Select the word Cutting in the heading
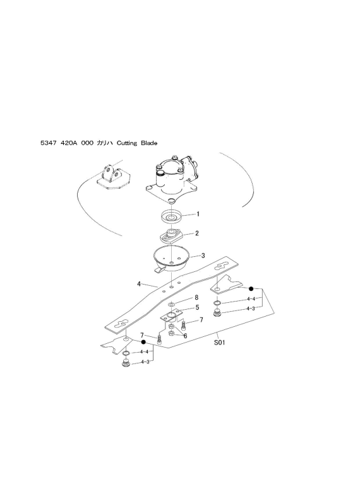click(129, 144)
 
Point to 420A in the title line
click(70, 144)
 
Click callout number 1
click(197, 214)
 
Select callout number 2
click(197, 233)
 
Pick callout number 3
click(202, 256)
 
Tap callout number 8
click(196, 297)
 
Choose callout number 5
click(197, 307)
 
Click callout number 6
click(185, 336)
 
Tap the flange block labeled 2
click(170, 238)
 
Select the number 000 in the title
click(87, 144)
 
